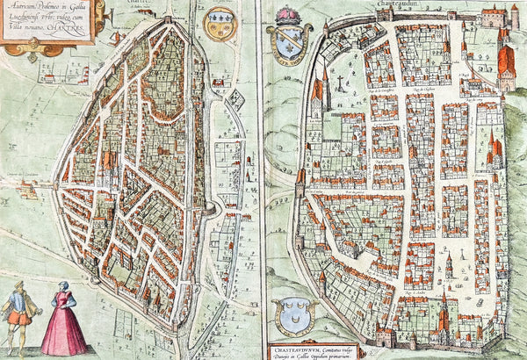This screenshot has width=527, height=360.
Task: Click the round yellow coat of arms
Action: [220, 25]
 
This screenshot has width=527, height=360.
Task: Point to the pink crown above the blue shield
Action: [288, 16]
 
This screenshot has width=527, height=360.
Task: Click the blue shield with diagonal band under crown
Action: [288, 43]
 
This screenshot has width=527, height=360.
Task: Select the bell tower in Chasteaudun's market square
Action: [449, 264]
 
